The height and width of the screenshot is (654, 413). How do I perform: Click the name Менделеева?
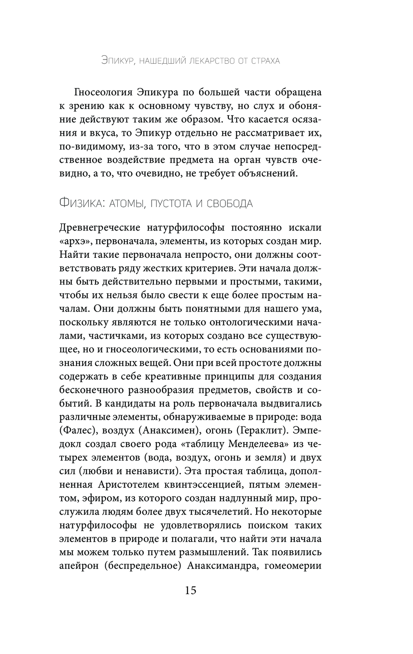(x=246, y=444)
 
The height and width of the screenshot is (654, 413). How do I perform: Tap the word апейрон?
(x=78, y=566)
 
